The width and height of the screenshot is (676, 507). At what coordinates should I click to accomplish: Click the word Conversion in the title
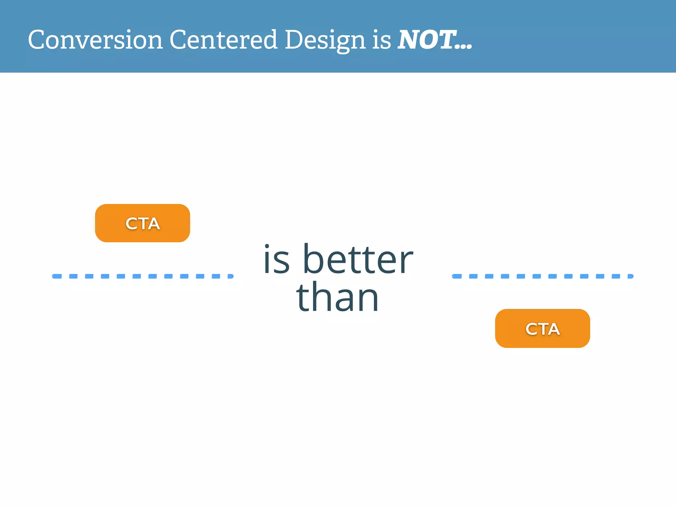point(95,40)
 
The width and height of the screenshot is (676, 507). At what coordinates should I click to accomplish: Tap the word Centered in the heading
point(223,40)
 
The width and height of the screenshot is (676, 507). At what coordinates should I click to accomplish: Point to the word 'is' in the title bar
point(382,40)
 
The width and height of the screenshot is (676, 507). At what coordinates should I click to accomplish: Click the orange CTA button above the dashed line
point(143,223)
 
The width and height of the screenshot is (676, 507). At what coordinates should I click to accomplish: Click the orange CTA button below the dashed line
point(542,328)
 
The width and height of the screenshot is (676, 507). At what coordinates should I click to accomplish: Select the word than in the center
point(337,297)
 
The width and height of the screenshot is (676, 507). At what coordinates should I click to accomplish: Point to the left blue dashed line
point(143,276)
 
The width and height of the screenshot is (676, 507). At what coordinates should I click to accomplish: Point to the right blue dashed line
point(542,276)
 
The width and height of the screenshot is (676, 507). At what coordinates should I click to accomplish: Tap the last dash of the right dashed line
point(630,276)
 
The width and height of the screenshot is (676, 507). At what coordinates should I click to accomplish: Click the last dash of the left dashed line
point(230,276)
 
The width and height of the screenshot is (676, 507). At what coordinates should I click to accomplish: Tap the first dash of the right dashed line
point(457,276)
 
